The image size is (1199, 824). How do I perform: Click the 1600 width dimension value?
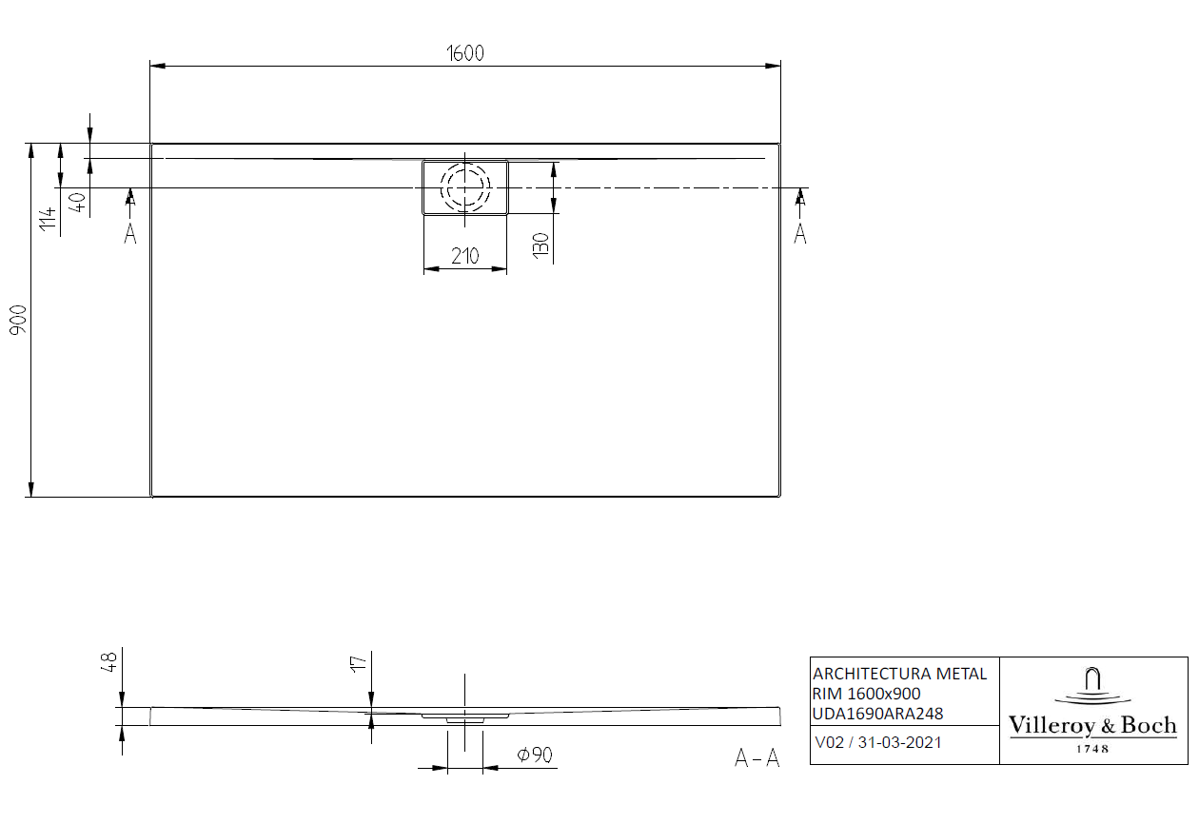tap(466, 53)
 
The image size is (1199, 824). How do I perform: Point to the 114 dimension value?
tap(47, 221)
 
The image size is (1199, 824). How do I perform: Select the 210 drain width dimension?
tap(464, 255)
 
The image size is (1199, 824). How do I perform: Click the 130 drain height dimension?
tap(541, 245)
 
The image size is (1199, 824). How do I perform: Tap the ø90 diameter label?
tap(535, 755)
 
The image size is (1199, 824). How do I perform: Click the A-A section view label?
tap(757, 758)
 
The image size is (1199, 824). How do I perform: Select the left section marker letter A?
tap(130, 234)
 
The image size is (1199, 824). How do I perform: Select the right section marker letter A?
tap(800, 233)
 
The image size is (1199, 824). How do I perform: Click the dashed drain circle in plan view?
tap(464, 187)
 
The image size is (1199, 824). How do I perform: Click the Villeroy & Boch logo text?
tap(1092, 726)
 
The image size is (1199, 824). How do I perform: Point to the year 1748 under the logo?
tap(1092, 749)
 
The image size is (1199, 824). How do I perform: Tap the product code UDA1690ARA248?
tap(878, 714)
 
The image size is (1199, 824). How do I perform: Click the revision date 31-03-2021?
tap(899, 742)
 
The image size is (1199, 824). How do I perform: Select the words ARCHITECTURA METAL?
tap(899, 674)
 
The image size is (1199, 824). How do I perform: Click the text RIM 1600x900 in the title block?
tap(866, 694)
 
